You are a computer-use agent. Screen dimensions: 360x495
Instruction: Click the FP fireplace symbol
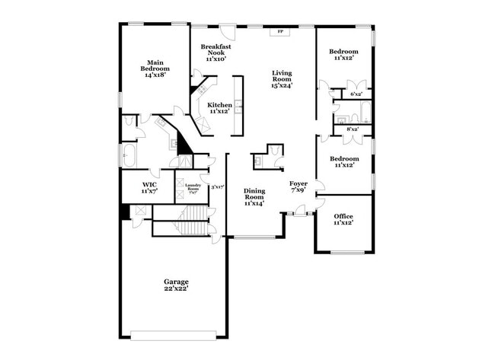pyautogui.click(x=279, y=33)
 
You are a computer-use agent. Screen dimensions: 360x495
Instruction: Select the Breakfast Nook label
pyautogui.click(x=216, y=49)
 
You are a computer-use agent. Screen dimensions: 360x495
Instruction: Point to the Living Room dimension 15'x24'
pyautogui.click(x=283, y=84)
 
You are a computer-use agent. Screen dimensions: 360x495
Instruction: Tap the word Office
pyautogui.click(x=343, y=216)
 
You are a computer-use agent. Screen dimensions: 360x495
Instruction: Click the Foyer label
pyautogui.click(x=298, y=183)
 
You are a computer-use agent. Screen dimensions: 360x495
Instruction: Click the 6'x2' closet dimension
pyautogui.click(x=356, y=94)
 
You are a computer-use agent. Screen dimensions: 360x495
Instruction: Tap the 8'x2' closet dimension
pyautogui.click(x=353, y=129)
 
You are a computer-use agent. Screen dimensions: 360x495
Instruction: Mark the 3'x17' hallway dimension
pyautogui.click(x=217, y=186)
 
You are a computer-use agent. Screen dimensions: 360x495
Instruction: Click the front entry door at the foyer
pyautogui.click(x=301, y=215)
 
